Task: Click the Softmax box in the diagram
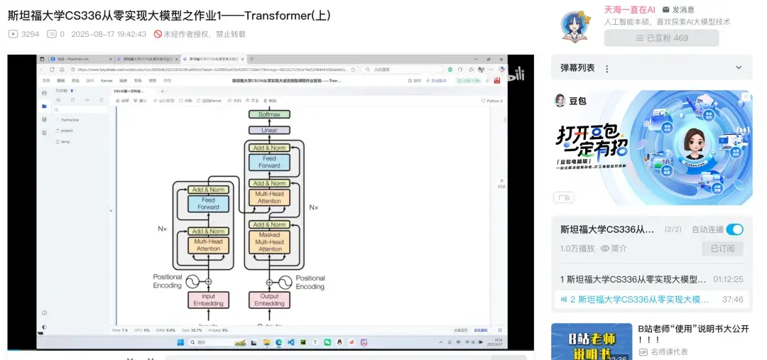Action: (x=269, y=114)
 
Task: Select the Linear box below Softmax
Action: (x=269, y=131)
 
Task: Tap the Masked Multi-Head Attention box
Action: (x=270, y=242)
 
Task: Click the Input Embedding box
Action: (x=208, y=300)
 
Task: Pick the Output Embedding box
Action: (x=270, y=300)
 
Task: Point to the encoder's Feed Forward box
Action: (x=208, y=204)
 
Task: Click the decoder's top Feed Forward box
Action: (x=270, y=162)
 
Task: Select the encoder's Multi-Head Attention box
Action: (x=208, y=245)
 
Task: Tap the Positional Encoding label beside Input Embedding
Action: (x=168, y=281)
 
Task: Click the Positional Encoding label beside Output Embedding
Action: (x=310, y=282)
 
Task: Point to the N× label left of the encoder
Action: (x=163, y=229)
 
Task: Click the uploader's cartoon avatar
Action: (x=575, y=26)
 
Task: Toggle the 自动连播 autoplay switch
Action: (x=734, y=229)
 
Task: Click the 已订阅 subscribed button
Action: (x=722, y=249)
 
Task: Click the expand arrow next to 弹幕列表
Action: (x=739, y=67)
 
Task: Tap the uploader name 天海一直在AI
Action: (x=629, y=9)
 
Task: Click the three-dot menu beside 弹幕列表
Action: (x=606, y=68)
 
